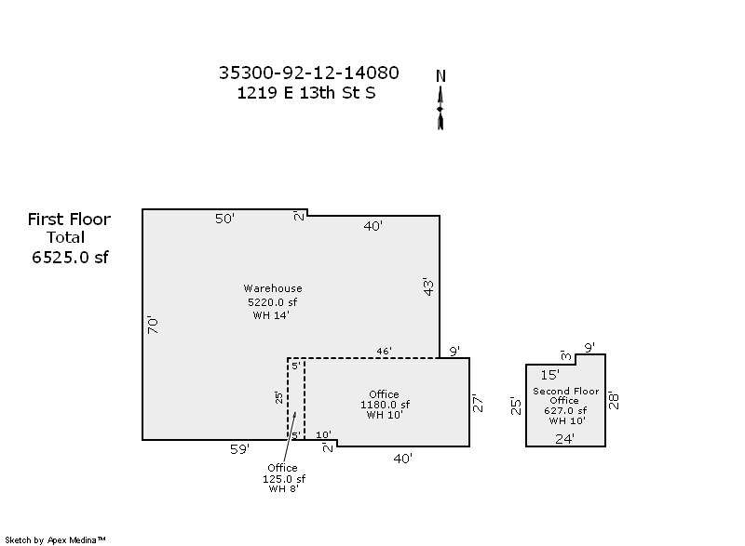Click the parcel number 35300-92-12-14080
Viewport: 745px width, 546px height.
pyautogui.click(x=308, y=73)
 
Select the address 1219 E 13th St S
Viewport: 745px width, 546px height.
pyautogui.click(x=306, y=93)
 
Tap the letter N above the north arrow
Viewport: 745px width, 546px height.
pyautogui.click(x=441, y=76)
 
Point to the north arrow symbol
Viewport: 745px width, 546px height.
pyautogui.click(x=440, y=108)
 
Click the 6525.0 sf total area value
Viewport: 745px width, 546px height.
pyautogui.click(x=70, y=258)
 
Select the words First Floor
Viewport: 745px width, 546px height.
pyautogui.click(x=69, y=220)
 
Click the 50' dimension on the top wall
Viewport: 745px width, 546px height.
pyautogui.click(x=224, y=219)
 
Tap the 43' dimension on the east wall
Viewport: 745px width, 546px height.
pyautogui.click(x=428, y=286)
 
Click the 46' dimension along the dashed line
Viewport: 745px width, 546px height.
pyautogui.click(x=384, y=351)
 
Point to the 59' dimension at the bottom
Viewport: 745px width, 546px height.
pyautogui.click(x=239, y=449)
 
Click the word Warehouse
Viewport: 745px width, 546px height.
pyautogui.click(x=273, y=288)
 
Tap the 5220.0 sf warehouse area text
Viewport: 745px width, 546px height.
pyautogui.click(x=272, y=302)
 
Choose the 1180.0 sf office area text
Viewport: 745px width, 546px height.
pyautogui.click(x=385, y=405)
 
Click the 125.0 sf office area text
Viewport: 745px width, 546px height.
pyautogui.click(x=282, y=479)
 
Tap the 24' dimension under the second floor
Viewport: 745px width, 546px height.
pyautogui.click(x=564, y=438)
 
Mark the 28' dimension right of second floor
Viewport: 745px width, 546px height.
pyautogui.click(x=615, y=400)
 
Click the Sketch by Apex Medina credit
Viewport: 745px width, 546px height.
pyautogui.click(x=56, y=539)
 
